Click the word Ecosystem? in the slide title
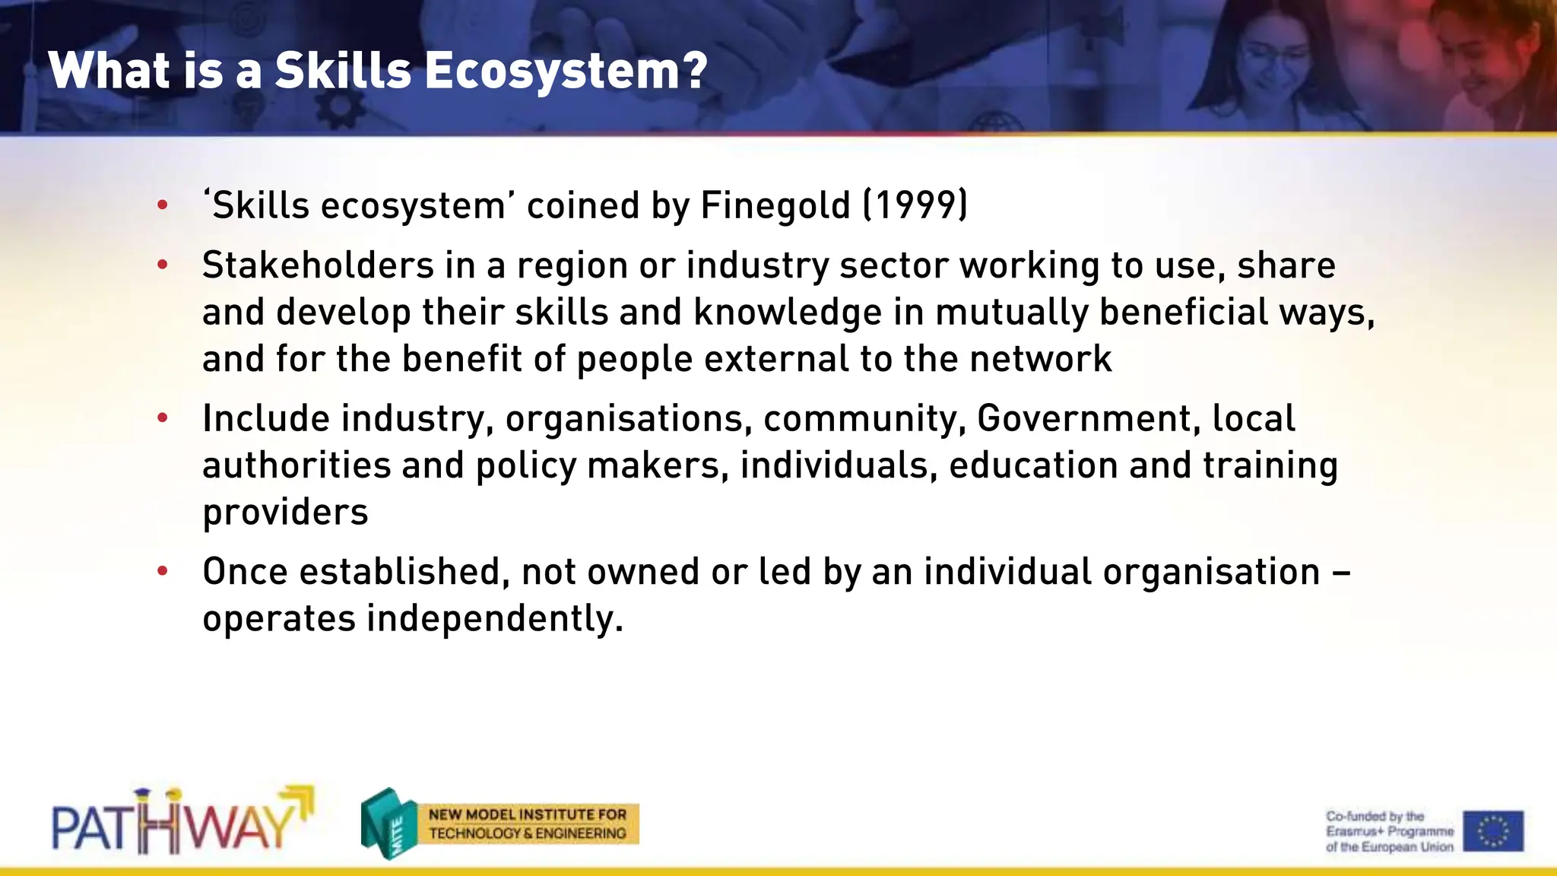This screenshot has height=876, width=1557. (x=566, y=71)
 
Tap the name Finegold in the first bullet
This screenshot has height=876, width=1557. (x=775, y=205)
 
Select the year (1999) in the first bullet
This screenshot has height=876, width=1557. (x=915, y=205)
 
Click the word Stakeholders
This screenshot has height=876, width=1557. (x=318, y=265)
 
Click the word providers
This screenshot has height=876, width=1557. (x=285, y=513)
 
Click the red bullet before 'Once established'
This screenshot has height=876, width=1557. (x=162, y=572)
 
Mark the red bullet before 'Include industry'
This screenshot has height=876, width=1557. (x=162, y=418)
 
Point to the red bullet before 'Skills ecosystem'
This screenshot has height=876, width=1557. (x=162, y=205)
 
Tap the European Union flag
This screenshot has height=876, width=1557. (x=1493, y=830)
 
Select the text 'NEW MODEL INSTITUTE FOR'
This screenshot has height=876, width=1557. (x=528, y=814)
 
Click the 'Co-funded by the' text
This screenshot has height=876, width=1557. (x=1375, y=817)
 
